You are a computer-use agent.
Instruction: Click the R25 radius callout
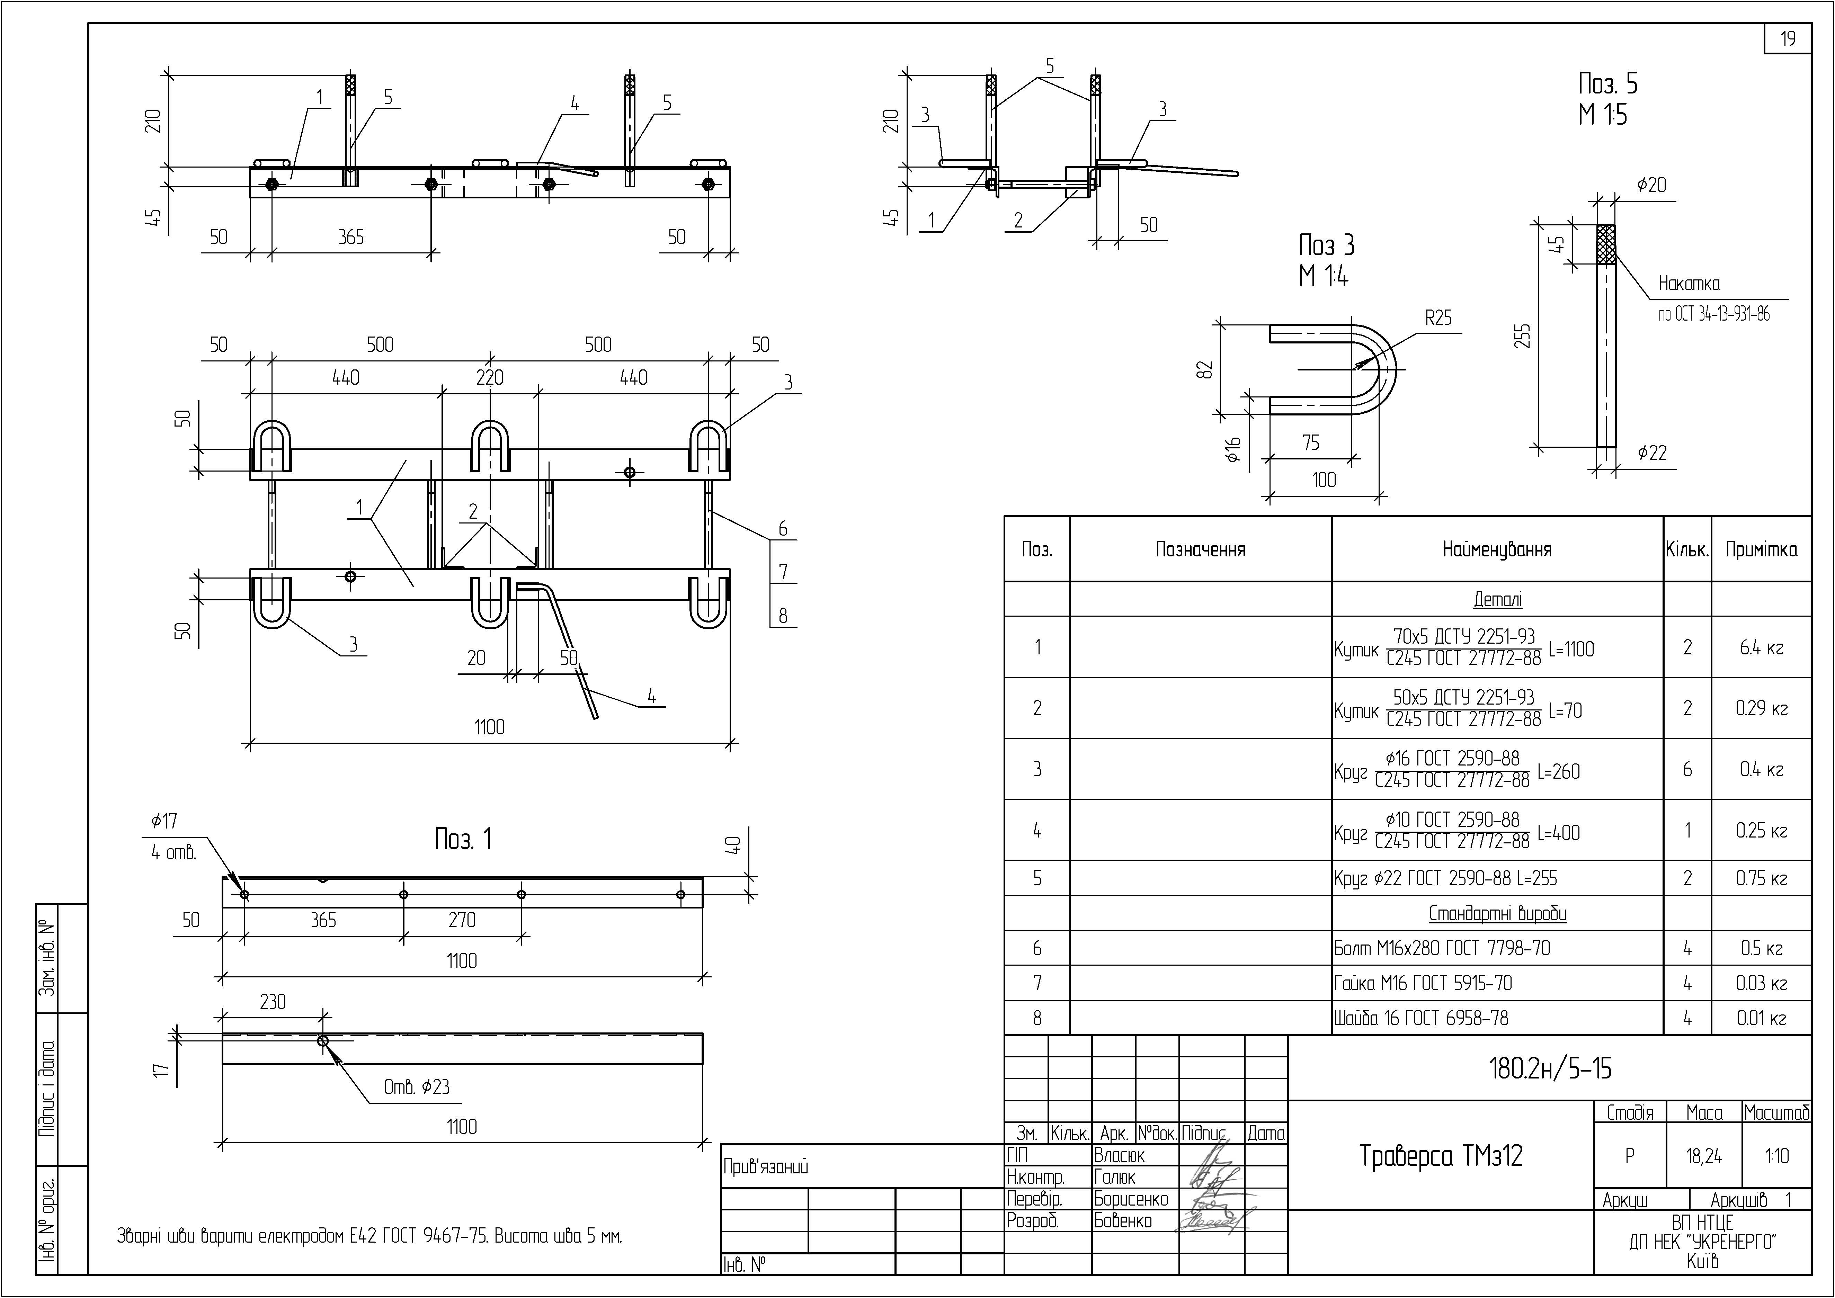tap(1438, 318)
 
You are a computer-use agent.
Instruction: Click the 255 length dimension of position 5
tap(1523, 336)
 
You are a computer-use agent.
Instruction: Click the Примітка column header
tap(1762, 549)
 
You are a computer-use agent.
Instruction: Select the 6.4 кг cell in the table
tap(1762, 647)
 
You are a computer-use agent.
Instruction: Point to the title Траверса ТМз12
tap(1441, 1156)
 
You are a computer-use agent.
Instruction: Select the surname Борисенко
tap(1131, 1199)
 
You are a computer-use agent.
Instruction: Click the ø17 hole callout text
tap(164, 821)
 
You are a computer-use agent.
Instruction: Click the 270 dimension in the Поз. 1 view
tap(462, 920)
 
